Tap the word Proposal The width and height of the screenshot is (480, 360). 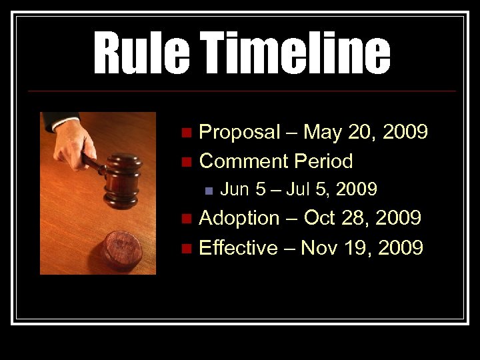click(240, 133)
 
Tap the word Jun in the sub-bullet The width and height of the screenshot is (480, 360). click(234, 190)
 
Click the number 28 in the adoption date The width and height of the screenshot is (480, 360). click(360, 218)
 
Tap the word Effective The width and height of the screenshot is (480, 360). click(238, 248)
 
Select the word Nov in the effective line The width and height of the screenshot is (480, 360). click(320, 248)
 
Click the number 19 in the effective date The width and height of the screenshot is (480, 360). click(361, 248)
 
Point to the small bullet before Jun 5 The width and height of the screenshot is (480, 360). click(208, 191)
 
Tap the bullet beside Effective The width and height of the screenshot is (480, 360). click(185, 249)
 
